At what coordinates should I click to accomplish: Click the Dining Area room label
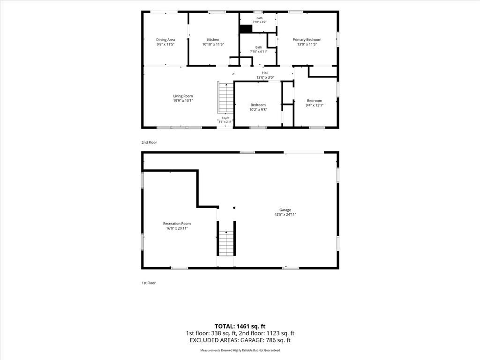coord(165,40)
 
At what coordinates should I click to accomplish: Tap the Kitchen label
coord(213,39)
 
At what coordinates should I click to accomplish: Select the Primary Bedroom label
coord(307,39)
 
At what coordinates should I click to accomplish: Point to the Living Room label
coord(183,96)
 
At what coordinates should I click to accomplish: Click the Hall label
coord(265,73)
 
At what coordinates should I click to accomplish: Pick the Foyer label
coord(225,118)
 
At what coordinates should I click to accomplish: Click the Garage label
coord(285,210)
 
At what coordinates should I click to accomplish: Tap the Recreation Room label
coord(177,224)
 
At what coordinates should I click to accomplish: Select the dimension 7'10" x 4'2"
coord(260,22)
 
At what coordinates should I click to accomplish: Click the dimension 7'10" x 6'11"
coord(259,52)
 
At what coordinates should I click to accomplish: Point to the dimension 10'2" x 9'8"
coord(258,110)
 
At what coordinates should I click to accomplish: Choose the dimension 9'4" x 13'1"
coord(315,105)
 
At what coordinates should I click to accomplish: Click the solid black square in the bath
coord(246,29)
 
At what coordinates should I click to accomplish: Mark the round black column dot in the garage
coord(234,208)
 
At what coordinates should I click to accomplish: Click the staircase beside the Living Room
coord(226,97)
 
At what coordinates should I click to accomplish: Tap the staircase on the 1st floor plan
coord(226,243)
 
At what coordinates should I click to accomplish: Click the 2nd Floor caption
coord(149,142)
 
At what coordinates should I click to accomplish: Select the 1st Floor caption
coord(149,283)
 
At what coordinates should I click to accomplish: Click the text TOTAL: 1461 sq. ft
coord(240,326)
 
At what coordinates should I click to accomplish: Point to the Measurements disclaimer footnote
coord(240,350)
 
